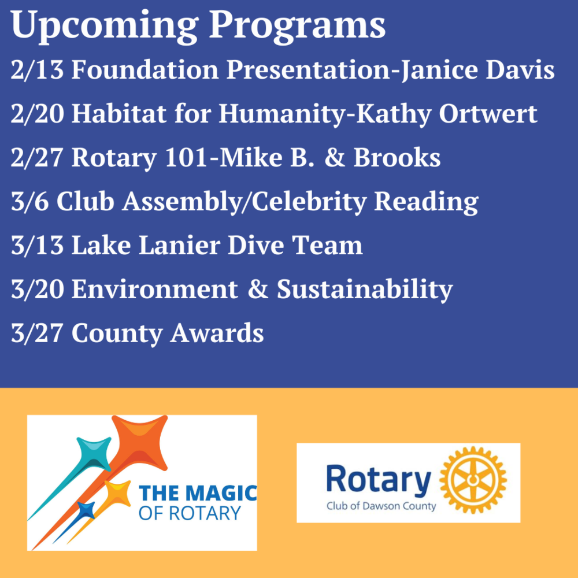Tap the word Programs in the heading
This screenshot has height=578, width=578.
click(298, 26)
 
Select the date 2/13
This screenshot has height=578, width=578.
click(37, 69)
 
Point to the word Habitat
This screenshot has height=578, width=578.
click(118, 113)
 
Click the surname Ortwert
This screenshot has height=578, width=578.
click(488, 113)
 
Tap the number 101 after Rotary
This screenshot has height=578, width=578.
click(186, 157)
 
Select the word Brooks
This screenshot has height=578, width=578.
click(397, 157)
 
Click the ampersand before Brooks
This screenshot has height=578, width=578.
click(335, 157)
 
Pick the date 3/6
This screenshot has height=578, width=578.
click(29, 201)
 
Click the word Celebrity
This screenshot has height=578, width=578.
click(309, 202)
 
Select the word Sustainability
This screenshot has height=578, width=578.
click(365, 289)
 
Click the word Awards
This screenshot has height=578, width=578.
click(217, 333)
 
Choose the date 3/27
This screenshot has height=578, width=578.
click(37, 333)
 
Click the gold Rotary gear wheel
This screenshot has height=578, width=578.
click(473, 480)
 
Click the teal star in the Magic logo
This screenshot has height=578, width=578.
click(94, 454)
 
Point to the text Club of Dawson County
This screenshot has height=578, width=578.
click(381, 506)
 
